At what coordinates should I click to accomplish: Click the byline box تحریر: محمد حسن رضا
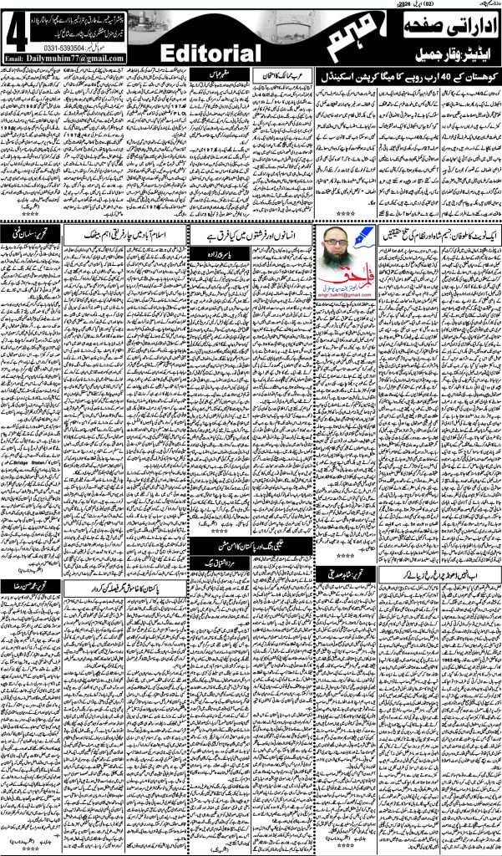coord(30,587)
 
